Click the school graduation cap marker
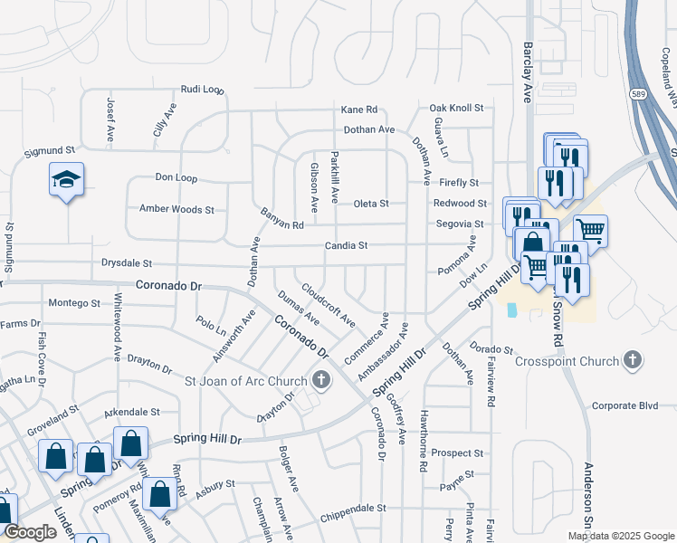point(67,180)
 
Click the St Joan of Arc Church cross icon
point(320,381)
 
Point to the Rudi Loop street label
point(202,90)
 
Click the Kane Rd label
point(358,110)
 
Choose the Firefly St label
point(460,183)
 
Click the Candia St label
point(347,245)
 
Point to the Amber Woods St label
point(176,209)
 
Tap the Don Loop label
point(176,177)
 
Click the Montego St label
point(73,302)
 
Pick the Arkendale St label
point(130,411)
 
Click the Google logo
point(30,532)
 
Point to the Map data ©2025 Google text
point(621,536)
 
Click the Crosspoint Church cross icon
point(633,361)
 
